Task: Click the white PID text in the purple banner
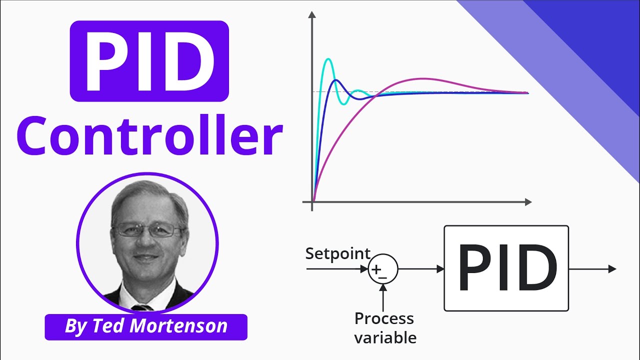point(149,61)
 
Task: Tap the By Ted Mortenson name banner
point(146,327)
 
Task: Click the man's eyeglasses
point(148,230)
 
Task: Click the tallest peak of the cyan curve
point(328,59)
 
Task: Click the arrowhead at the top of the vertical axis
point(312,15)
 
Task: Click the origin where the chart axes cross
point(312,202)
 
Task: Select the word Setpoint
point(338,253)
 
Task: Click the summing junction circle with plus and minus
point(383,269)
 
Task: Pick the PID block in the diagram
point(506,268)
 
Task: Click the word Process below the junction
point(384,318)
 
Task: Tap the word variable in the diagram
point(385,337)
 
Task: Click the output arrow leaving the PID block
point(592,269)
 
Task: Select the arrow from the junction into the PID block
point(421,269)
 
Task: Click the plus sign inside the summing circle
point(378,269)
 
